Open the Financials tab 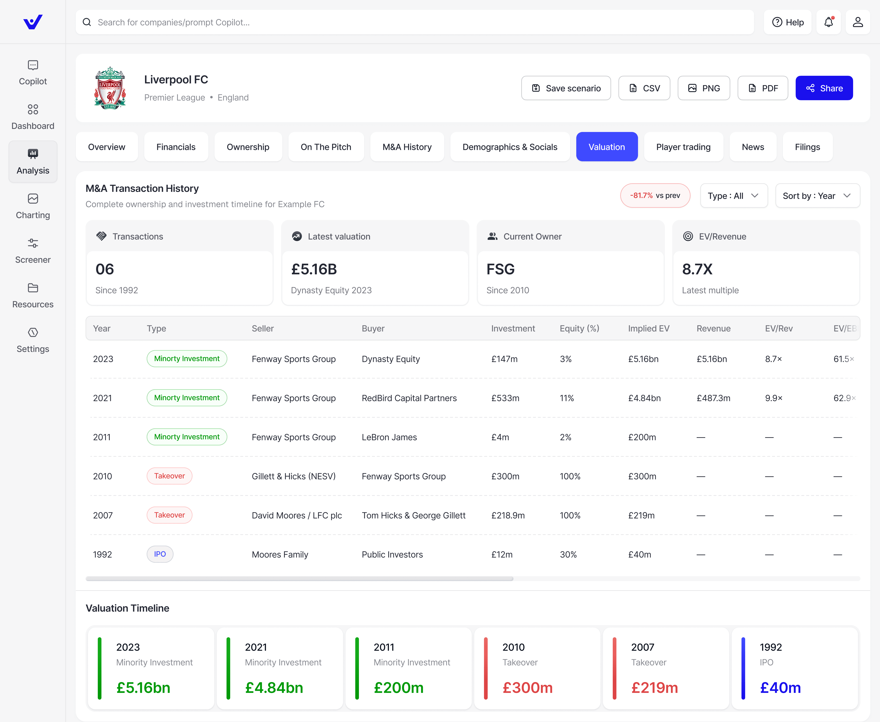tap(176, 147)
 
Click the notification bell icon tap(828, 22)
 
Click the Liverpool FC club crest tap(110, 88)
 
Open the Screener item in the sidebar tap(33, 251)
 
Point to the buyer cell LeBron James tap(389, 437)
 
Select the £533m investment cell tap(505, 398)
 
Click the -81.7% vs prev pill tap(655, 196)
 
